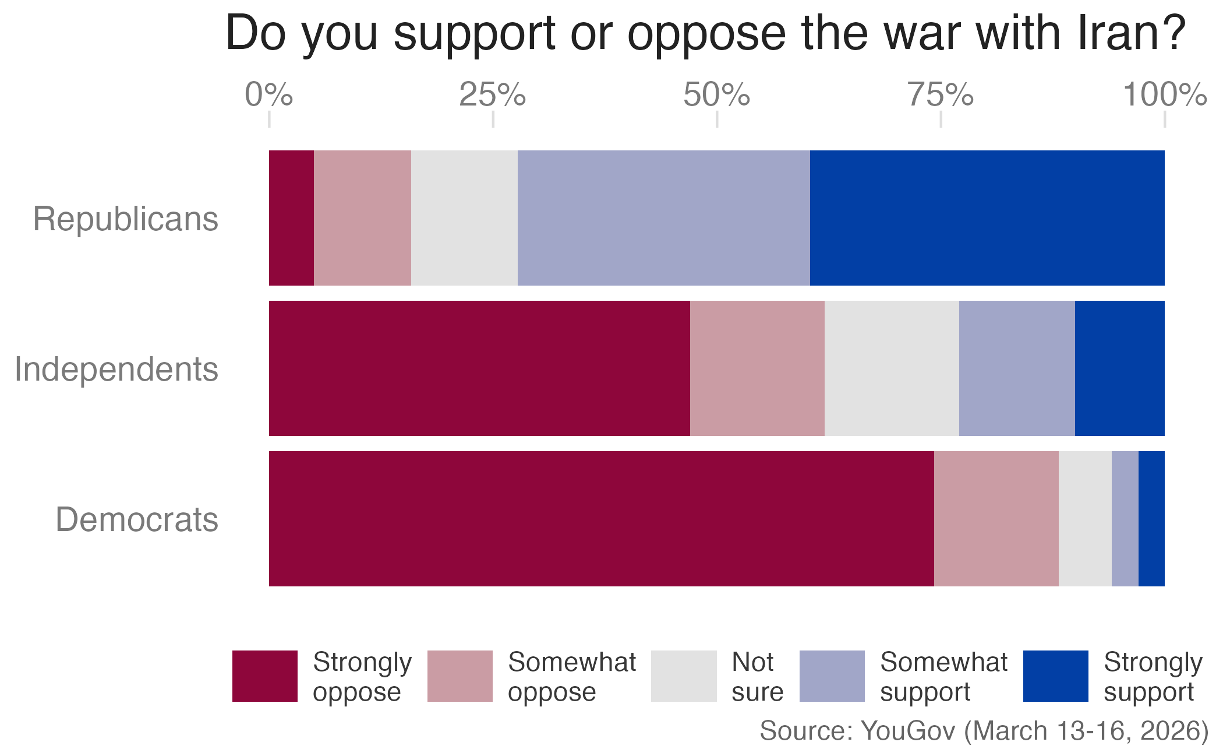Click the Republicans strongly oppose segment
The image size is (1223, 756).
coord(291,218)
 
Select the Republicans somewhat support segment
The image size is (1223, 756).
coord(663,218)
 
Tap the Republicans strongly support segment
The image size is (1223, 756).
coord(987,218)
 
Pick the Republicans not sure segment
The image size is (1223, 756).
coord(464,218)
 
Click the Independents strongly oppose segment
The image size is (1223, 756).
coord(479,368)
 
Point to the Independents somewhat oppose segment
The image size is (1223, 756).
coord(757,368)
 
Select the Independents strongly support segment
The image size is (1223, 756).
coord(1119,368)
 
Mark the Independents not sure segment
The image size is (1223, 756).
coord(892,368)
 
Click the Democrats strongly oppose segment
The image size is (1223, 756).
coord(601,519)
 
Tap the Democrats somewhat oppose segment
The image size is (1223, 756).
coord(996,519)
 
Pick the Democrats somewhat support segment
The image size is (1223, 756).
coord(1125,519)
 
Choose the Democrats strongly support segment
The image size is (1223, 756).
coord(1151,519)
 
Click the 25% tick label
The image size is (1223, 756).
coord(492,95)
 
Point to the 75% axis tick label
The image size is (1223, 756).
coord(940,95)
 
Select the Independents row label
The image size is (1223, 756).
coord(116,370)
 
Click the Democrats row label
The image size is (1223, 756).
coord(137,520)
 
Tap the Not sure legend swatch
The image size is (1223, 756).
coord(683,676)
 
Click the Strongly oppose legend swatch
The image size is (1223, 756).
coord(265,676)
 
